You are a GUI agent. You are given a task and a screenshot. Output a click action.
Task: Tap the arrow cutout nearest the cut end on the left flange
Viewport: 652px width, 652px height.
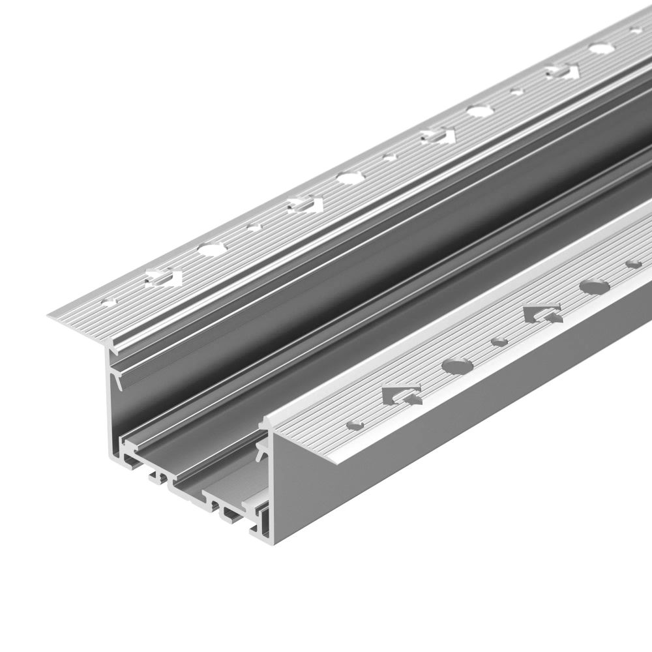pos(163,277)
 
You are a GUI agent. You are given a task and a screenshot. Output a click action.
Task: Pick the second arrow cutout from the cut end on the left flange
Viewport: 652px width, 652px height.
pos(304,205)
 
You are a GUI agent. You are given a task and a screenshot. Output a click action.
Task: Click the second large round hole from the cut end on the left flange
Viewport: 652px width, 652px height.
pos(348,177)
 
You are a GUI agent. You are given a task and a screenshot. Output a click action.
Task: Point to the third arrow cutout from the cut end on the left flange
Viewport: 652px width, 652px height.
pos(437,136)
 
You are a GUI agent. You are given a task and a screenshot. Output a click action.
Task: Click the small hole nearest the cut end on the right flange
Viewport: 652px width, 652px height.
pos(355,425)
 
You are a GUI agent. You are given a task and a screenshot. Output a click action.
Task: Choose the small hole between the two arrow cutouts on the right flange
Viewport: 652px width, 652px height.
pos(499,341)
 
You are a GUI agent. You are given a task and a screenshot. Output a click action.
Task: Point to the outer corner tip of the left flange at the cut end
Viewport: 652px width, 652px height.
pos(50,316)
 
